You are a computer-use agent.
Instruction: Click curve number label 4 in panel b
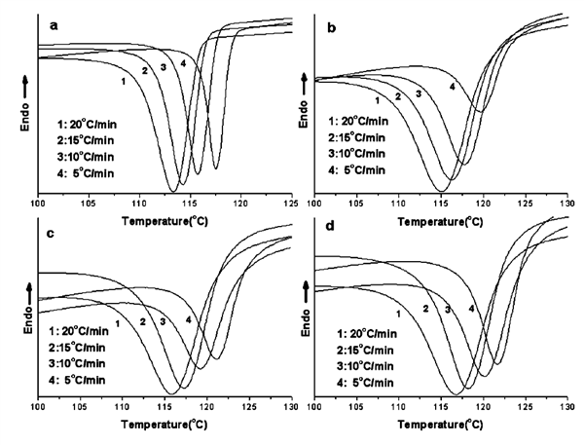pos(452,88)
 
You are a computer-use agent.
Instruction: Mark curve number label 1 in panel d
pos(399,312)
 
